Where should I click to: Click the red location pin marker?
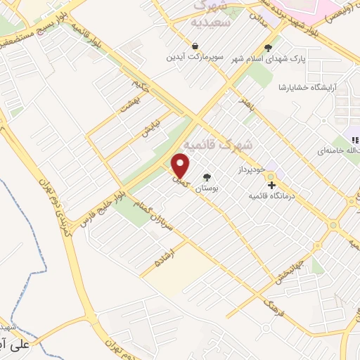click(x=181, y=165)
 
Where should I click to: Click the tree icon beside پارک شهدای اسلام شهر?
click(x=267, y=49)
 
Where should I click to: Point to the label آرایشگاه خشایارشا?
click(x=307, y=87)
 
